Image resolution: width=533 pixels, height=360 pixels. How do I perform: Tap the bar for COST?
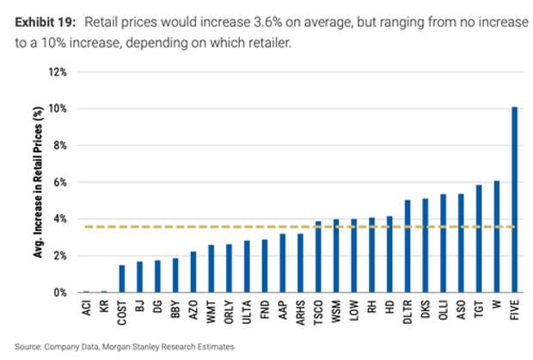(x=122, y=279)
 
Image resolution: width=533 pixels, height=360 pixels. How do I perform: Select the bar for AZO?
(x=193, y=272)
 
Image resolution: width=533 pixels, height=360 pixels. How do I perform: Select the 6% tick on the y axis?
(x=59, y=182)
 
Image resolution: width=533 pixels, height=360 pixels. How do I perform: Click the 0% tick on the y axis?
(x=59, y=293)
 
